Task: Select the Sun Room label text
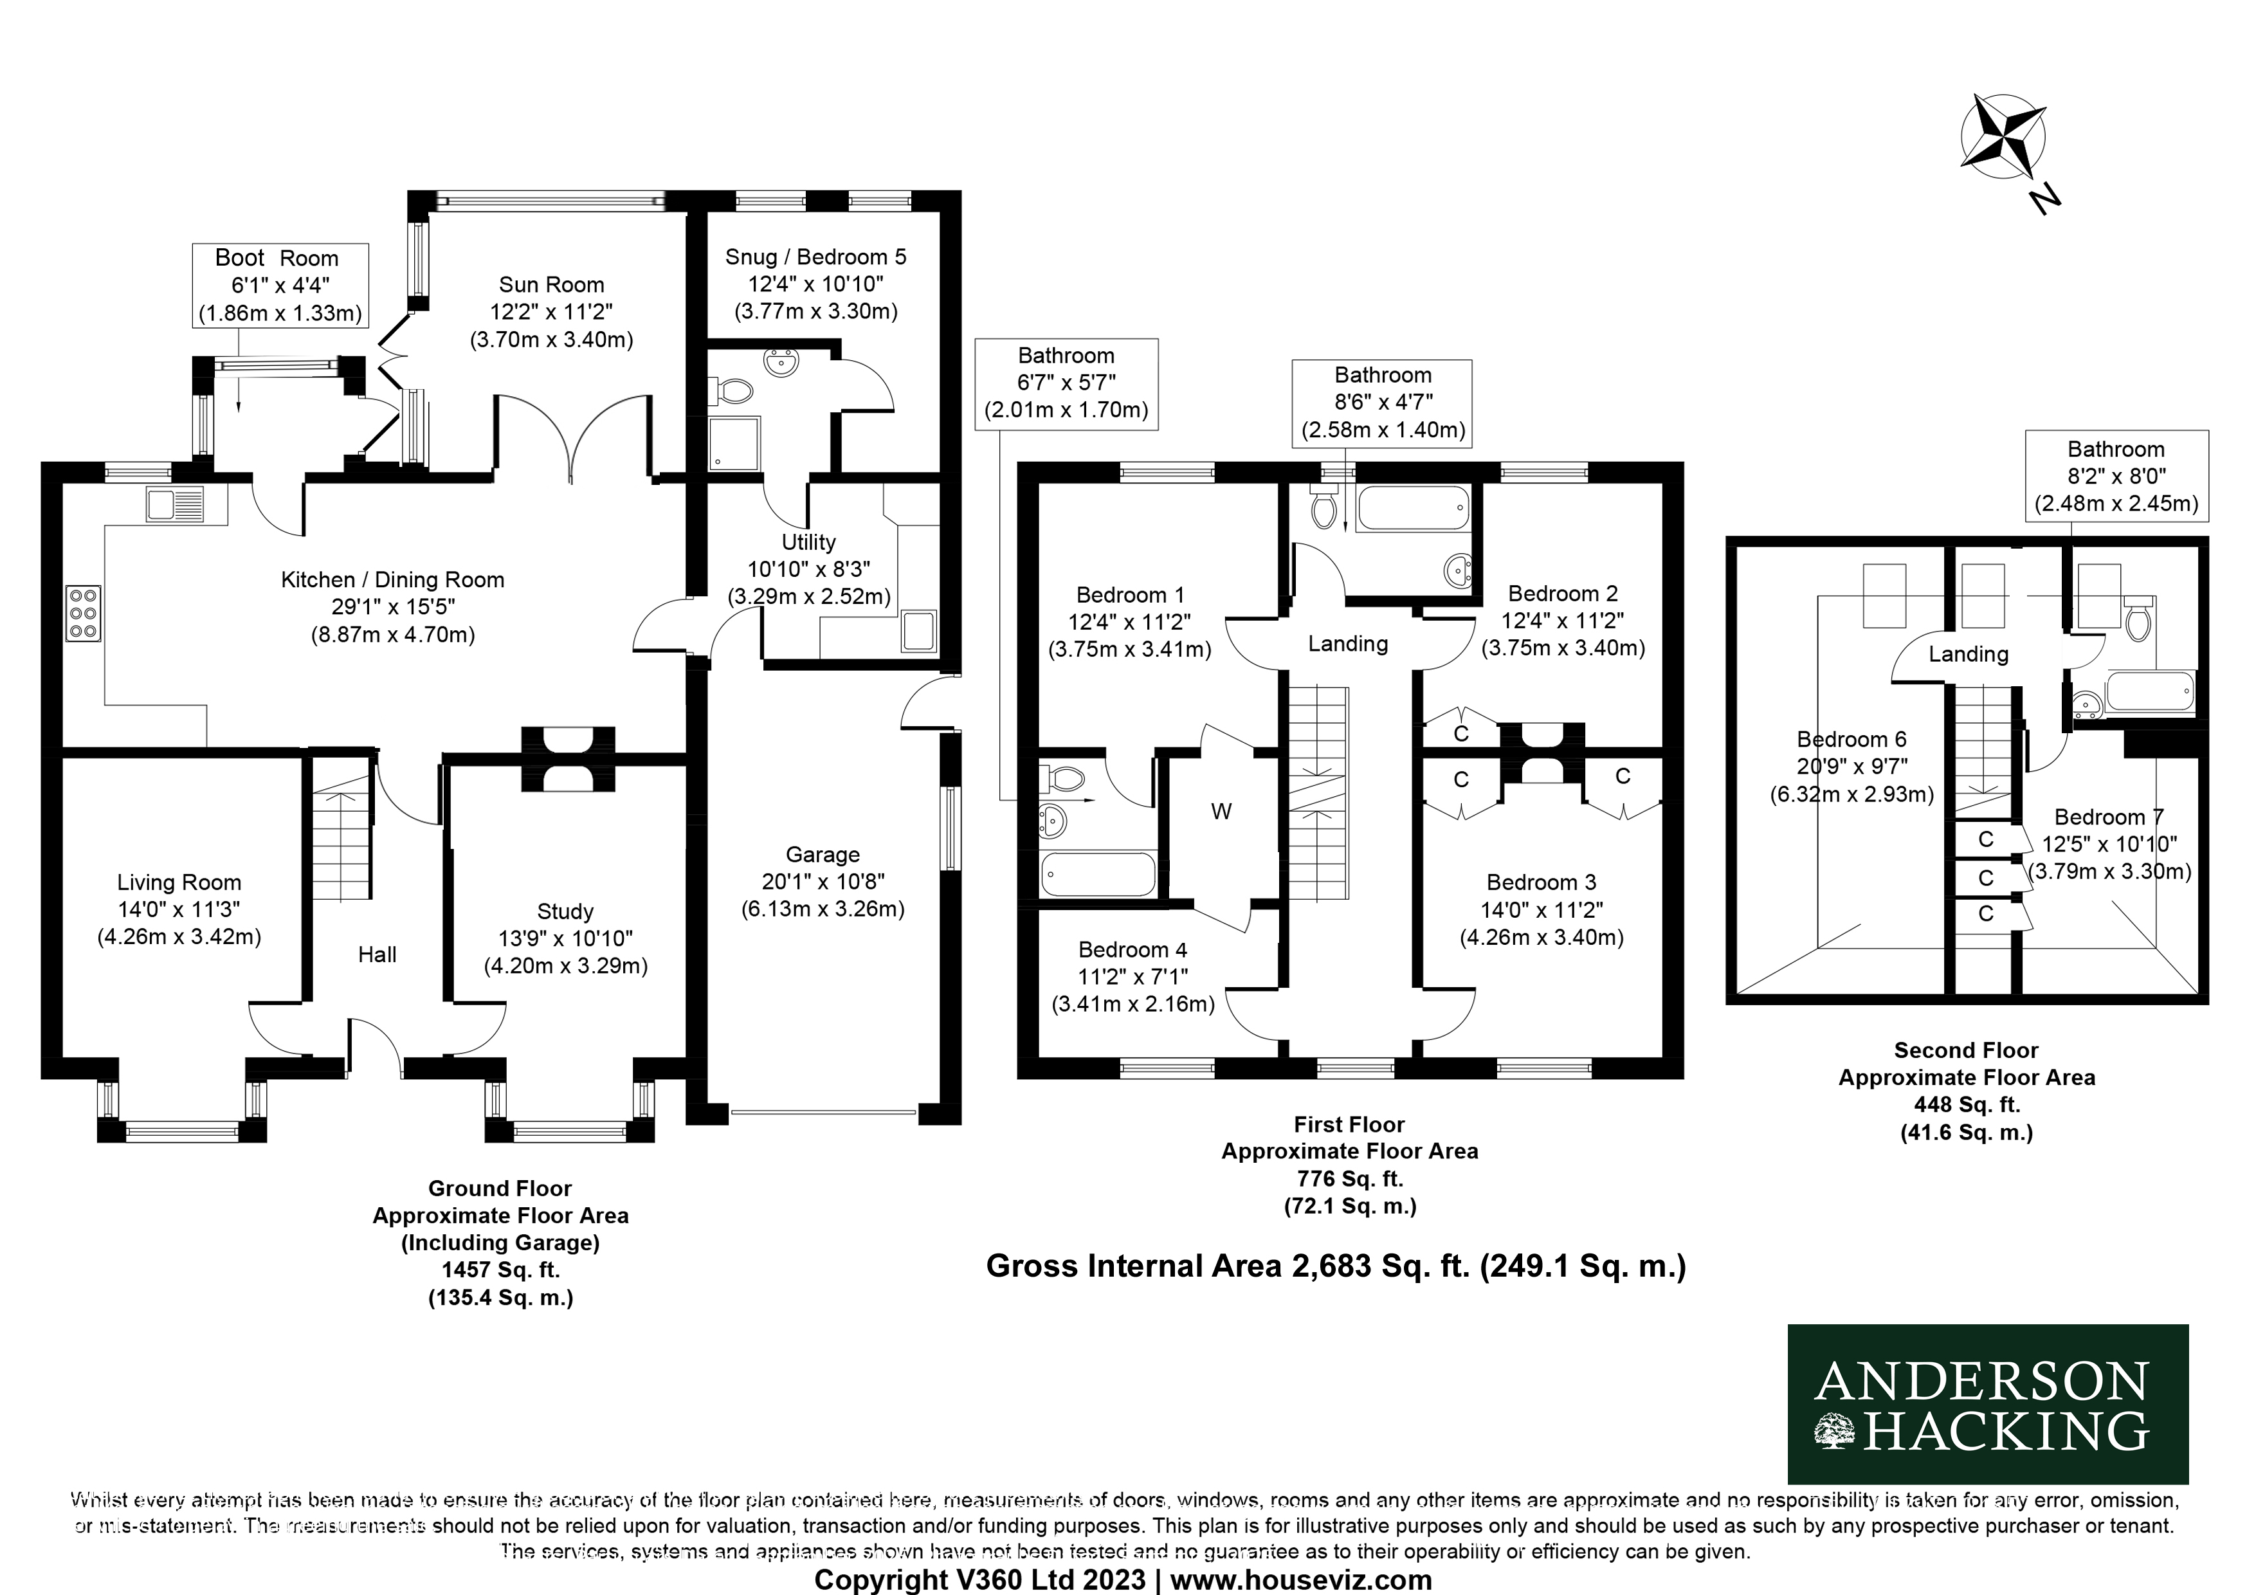point(551,311)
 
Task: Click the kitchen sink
point(175,504)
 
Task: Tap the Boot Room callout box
point(280,285)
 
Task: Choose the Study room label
point(565,938)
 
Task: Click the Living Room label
point(179,909)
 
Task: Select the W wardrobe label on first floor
point(1221,811)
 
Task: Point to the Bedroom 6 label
point(1851,767)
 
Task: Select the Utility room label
point(808,569)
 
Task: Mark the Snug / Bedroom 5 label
point(815,284)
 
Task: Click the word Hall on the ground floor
point(378,954)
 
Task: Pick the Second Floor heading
point(1966,1050)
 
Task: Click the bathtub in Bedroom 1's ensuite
point(1098,873)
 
